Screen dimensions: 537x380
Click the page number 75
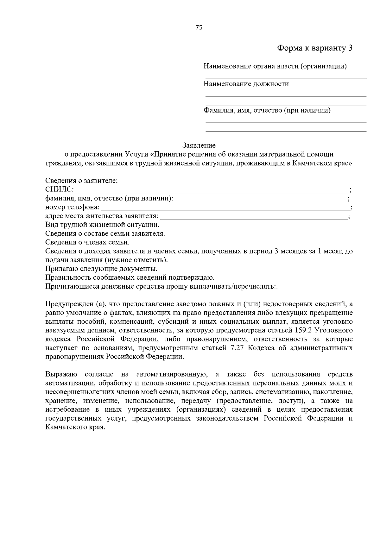click(199, 27)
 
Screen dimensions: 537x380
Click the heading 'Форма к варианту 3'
click(314, 48)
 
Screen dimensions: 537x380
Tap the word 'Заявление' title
click(199, 146)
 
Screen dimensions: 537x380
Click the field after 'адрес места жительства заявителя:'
click(253, 217)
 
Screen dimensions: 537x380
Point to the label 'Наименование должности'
click(246, 84)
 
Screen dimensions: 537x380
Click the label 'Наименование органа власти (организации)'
click(275, 66)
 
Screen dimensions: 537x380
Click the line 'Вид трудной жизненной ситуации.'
click(102, 225)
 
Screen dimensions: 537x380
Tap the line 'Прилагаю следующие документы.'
click(101, 269)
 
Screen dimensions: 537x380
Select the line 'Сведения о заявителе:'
click(81, 181)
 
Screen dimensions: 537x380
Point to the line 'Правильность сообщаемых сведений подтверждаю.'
click(130, 278)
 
